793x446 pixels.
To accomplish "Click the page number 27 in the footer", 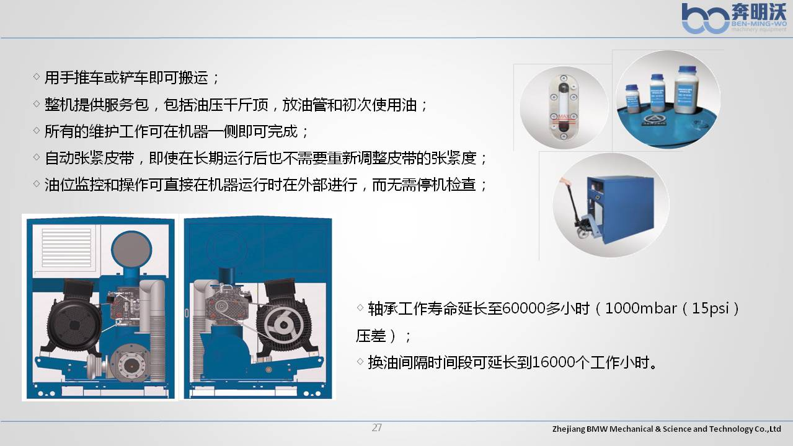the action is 377,427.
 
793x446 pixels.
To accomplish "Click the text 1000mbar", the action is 640,308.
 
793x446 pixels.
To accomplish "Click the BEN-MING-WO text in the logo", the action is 759,24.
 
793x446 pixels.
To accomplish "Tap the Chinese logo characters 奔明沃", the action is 759,12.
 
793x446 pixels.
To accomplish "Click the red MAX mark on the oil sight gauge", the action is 564,116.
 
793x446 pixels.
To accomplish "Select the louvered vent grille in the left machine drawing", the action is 66,248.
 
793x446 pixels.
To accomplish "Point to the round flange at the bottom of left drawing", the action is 131,365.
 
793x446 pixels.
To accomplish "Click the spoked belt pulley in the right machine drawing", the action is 283,325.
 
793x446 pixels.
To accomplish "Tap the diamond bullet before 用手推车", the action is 36,76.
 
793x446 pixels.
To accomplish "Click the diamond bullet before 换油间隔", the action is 360,362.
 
